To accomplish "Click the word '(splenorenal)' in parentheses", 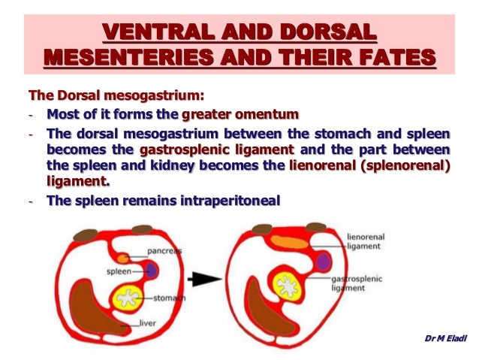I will click(x=408, y=166).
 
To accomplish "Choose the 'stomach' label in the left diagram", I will click(x=172, y=298).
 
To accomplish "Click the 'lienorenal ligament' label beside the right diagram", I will click(x=366, y=241).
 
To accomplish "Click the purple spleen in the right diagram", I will click(x=324, y=262).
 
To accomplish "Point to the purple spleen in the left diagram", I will click(x=151, y=271).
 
